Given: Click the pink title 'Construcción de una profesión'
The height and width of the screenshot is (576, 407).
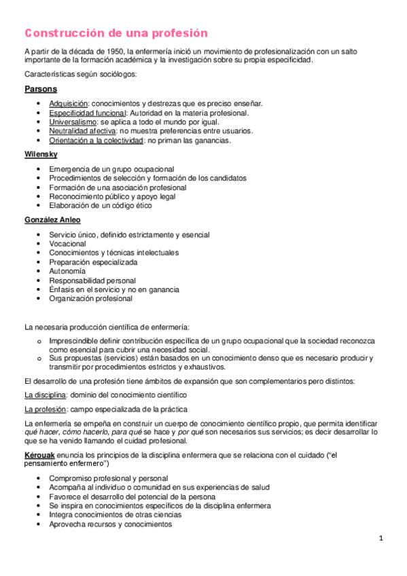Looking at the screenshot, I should [x=116, y=33].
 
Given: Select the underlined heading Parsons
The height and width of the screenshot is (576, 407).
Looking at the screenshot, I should [x=41, y=89].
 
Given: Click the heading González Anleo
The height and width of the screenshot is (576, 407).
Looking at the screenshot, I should [x=52, y=220].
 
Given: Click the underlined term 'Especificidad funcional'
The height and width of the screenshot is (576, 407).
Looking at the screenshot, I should [x=88, y=113].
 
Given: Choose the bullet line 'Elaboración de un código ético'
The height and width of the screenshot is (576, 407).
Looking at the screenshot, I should [x=101, y=205].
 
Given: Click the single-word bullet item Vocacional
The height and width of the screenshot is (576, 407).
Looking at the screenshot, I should [x=67, y=243].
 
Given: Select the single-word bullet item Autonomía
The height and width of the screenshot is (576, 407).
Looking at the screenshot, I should [x=67, y=270].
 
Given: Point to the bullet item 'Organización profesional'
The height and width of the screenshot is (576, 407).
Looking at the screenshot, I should [x=90, y=298].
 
